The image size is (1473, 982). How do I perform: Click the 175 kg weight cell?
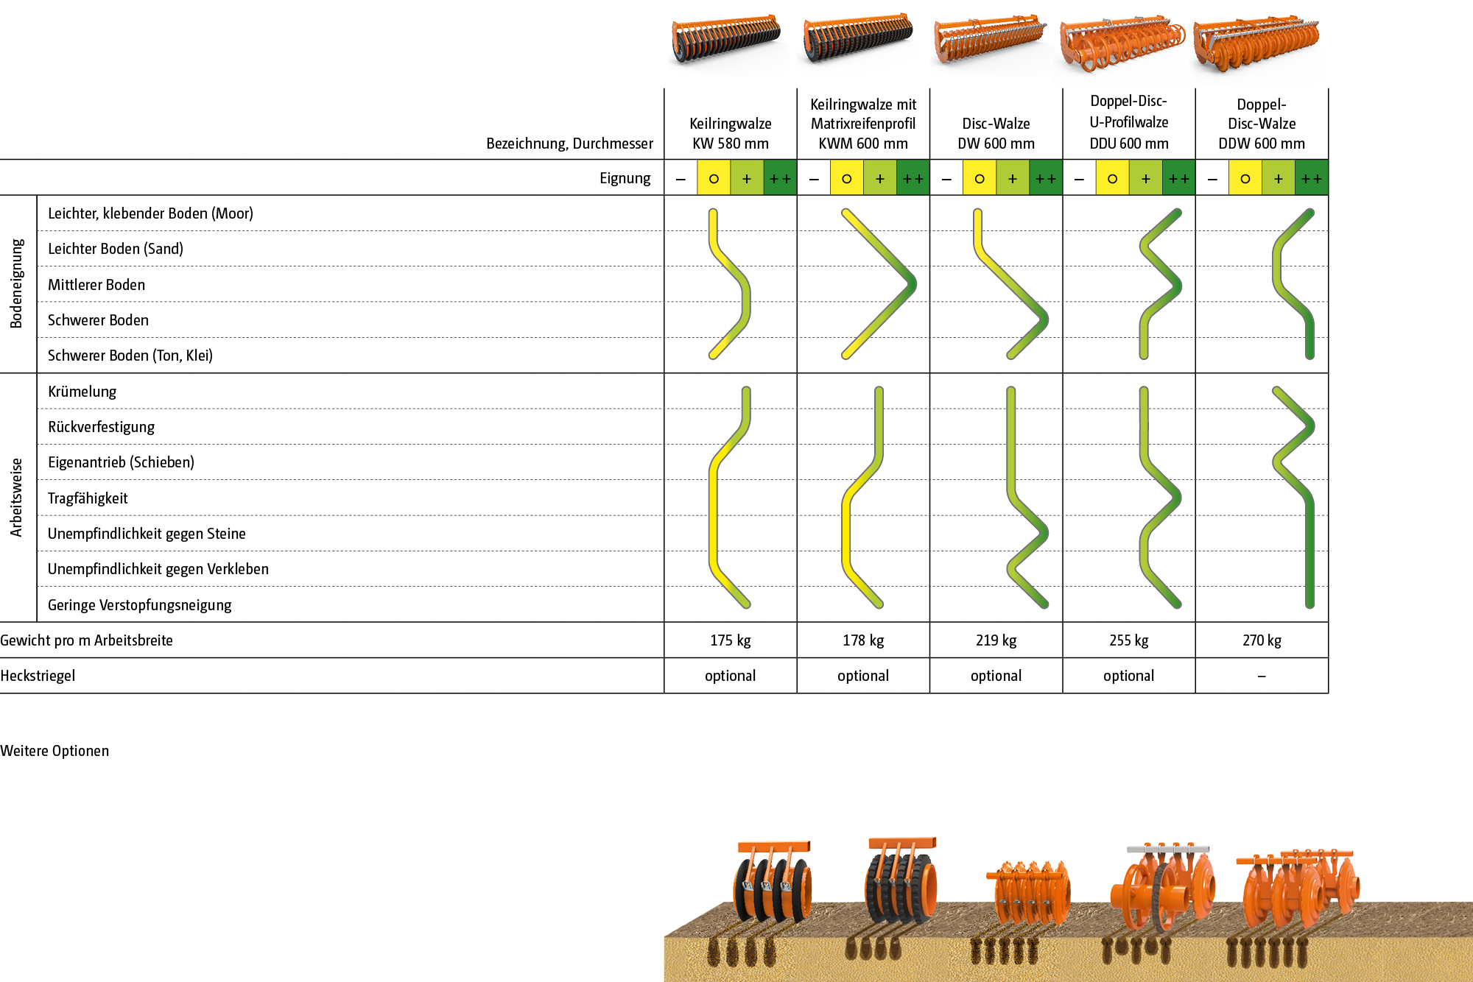click(730, 640)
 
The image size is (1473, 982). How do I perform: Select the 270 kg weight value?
click(1262, 640)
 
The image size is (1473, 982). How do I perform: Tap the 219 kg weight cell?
click(996, 640)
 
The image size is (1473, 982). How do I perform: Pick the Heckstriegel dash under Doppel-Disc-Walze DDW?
click(1262, 676)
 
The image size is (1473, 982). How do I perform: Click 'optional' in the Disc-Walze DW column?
click(996, 676)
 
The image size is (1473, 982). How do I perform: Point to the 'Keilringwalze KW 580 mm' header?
click(730, 133)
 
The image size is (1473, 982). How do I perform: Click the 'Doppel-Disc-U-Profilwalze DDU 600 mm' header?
click(1128, 122)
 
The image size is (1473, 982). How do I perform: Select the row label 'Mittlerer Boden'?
click(96, 285)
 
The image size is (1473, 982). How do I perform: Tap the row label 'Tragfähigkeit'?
click(88, 498)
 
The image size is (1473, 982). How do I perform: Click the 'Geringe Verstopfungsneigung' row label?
click(139, 605)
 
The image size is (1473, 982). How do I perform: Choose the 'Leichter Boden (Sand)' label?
click(115, 249)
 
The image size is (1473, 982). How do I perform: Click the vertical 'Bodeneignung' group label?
click(17, 283)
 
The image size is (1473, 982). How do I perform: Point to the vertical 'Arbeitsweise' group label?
click(17, 497)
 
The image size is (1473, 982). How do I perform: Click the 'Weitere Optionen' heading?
click(55, 751)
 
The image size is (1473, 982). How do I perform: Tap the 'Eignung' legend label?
click(625, 178)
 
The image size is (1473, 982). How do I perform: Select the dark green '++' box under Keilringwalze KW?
click(780, 179)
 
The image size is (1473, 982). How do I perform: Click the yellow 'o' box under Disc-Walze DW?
click(980, 179)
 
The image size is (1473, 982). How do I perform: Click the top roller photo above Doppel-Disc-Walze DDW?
click(1259, 48)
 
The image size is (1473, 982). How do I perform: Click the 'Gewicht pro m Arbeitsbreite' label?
click(86, 640)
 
